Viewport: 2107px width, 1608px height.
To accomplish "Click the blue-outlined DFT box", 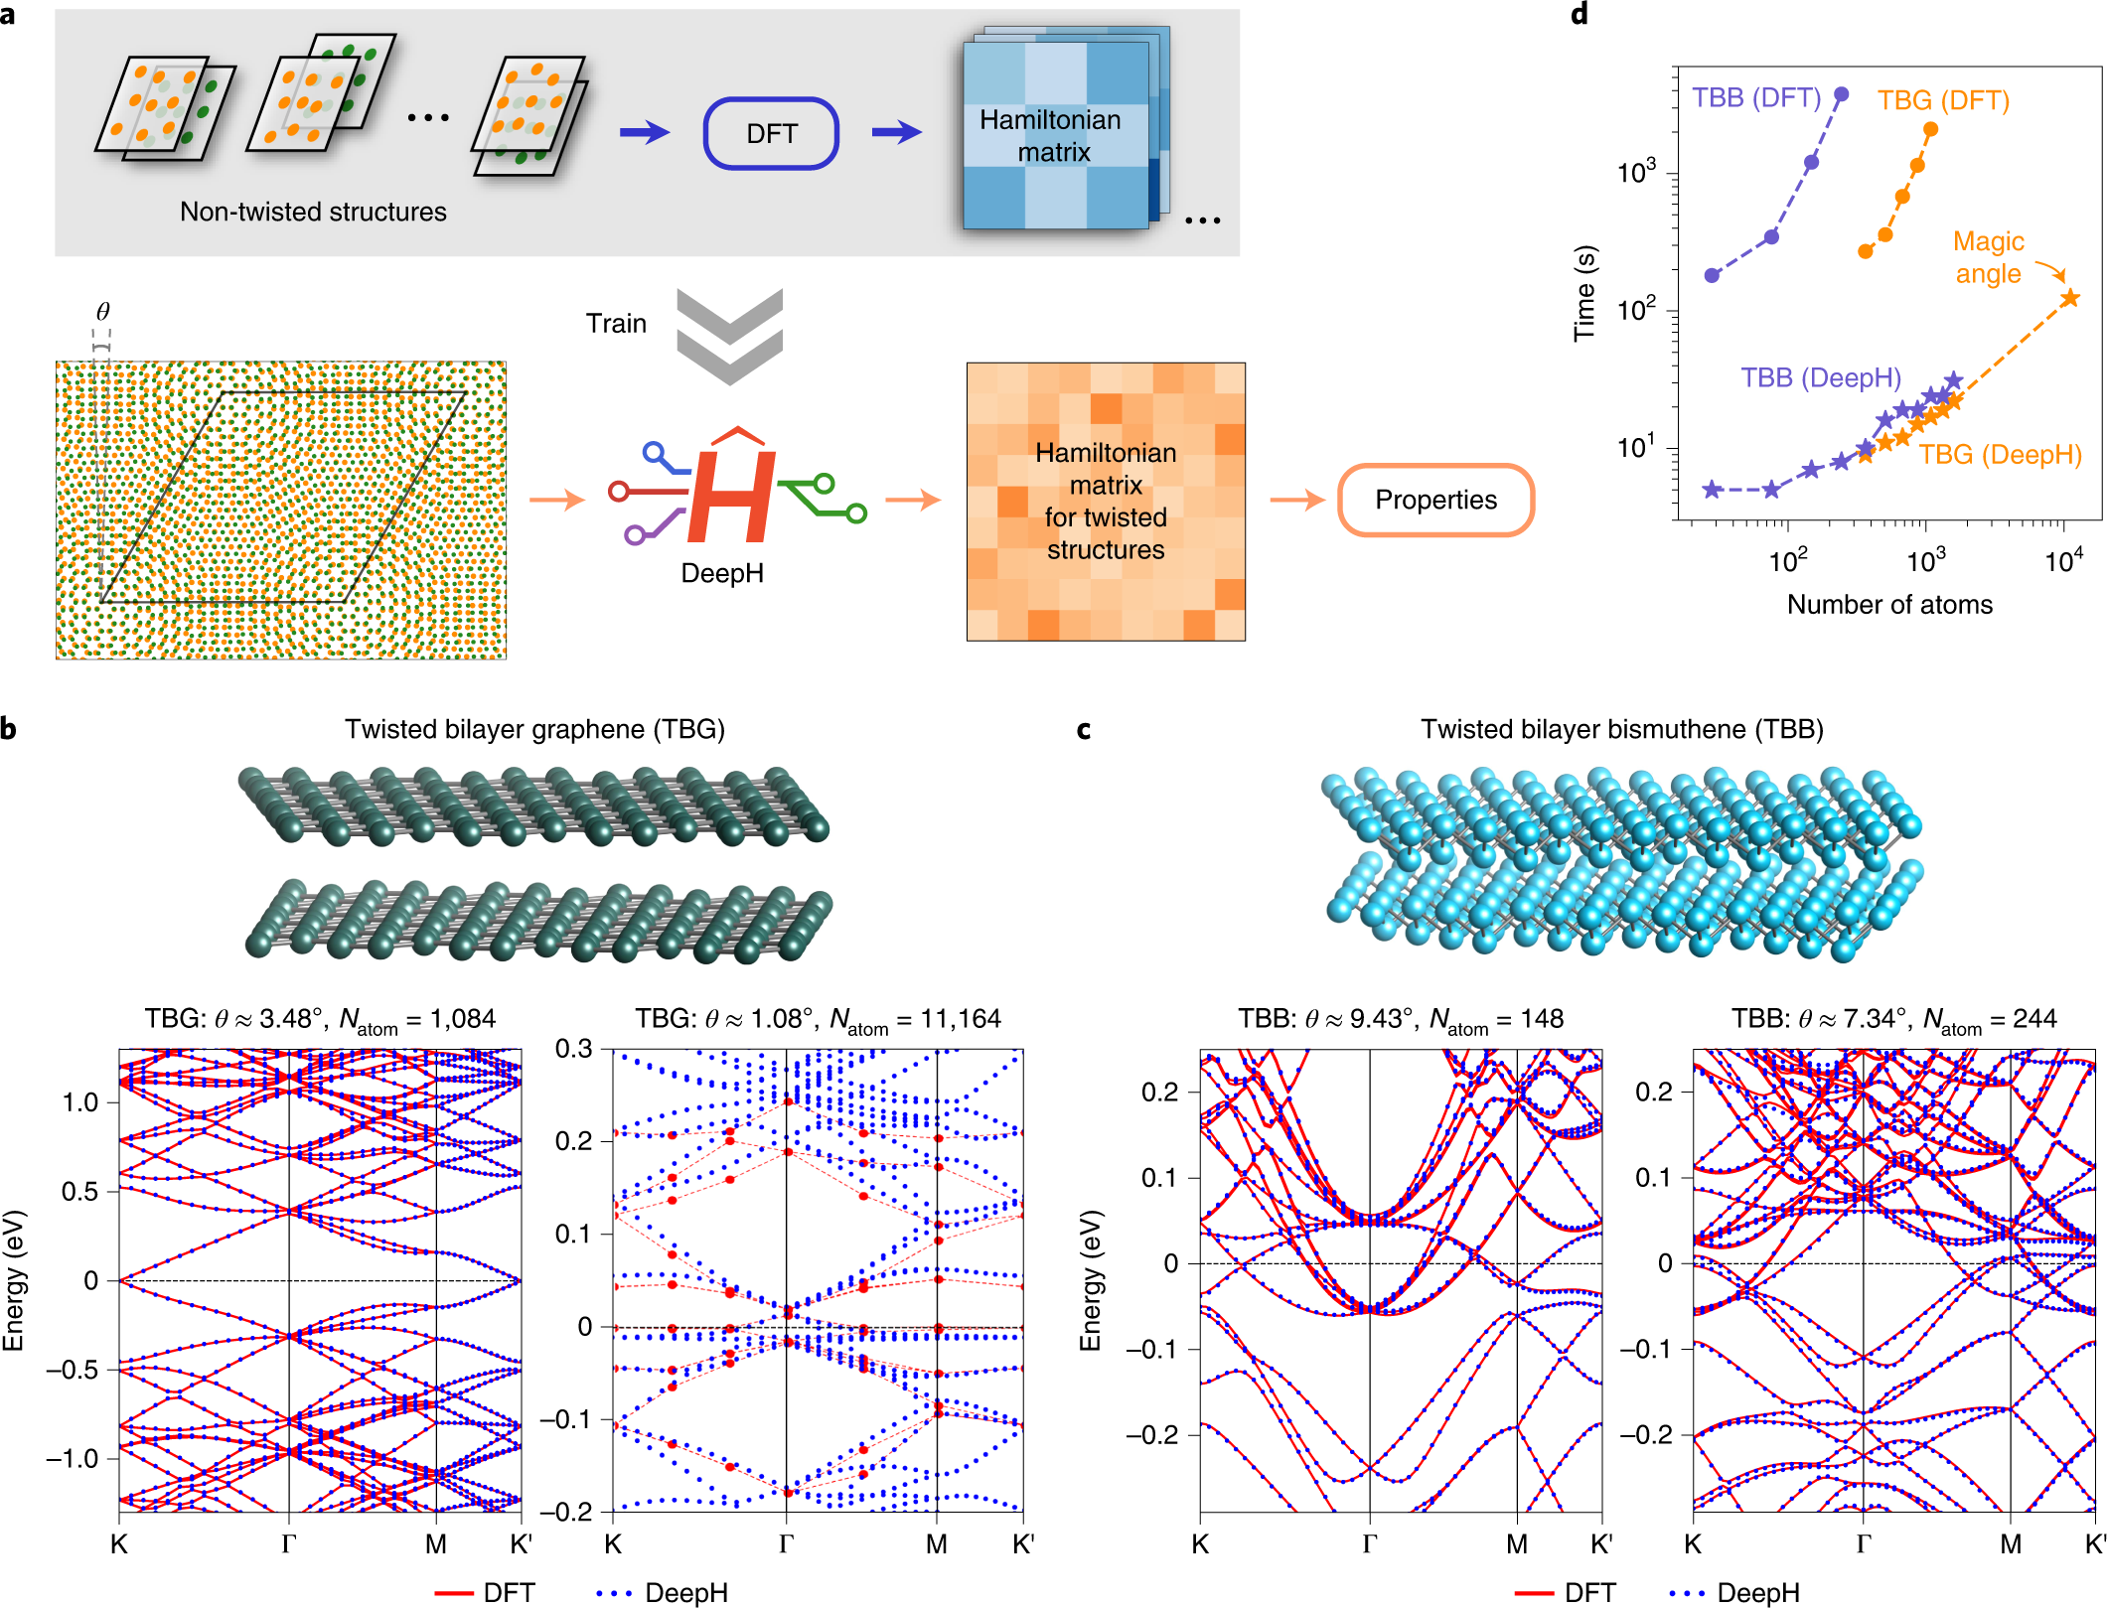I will pos(771,133).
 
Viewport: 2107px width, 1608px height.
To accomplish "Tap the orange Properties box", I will pos(1435,500).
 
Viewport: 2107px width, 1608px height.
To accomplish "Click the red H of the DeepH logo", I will pos(731,497).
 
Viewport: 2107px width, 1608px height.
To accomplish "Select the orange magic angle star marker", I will pos(2069,298).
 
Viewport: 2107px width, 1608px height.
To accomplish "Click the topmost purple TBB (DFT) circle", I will pos(1841,94).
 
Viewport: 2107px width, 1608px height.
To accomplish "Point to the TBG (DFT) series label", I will pos(1942,100).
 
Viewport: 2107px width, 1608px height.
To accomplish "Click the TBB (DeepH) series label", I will pos(1820,377).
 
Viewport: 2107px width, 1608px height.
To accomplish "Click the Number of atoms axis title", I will pos(1888,605).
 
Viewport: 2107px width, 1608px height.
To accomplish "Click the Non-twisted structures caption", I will pos(313,212).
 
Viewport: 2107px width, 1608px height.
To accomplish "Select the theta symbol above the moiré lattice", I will pos(102,311).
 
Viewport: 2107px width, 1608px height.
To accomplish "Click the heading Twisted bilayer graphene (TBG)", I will pos(534,729).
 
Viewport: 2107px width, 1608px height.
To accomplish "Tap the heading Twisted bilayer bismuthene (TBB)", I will pos(1621,729).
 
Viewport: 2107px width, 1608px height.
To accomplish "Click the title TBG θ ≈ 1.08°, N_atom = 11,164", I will pos(818,1019).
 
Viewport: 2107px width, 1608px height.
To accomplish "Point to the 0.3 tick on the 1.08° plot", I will pos(573,1049).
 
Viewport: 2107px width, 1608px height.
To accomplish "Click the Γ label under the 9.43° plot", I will pos(1369,1543).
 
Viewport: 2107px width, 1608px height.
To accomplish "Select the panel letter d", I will pos(1579,14).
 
